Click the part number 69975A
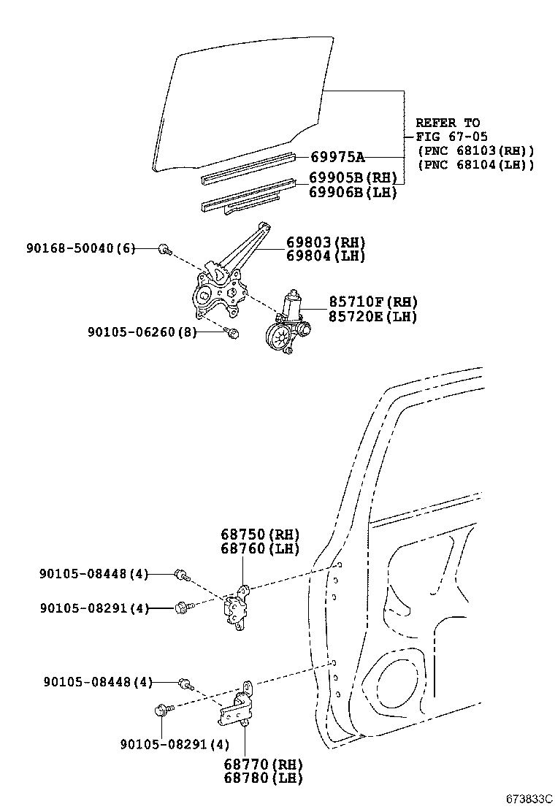click(337, 157)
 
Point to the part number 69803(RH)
click(326, 242)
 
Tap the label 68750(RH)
click(261, 535)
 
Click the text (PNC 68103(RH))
click(475, 150)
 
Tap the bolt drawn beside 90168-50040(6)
click(164, 250)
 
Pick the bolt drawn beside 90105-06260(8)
click(233, 334)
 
